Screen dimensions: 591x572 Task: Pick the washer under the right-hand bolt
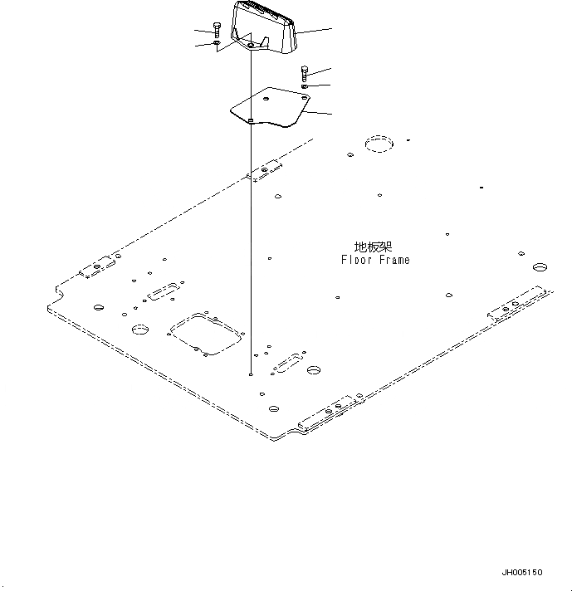(x=305, y=85)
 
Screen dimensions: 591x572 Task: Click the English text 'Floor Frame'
(x=375, y=260)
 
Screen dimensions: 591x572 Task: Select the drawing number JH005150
(x=521, y=573)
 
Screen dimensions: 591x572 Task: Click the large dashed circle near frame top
(x=379, y=145)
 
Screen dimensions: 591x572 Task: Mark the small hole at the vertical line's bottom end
(x=250, y=374)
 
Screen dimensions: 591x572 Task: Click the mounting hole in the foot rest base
(x=250, y=47)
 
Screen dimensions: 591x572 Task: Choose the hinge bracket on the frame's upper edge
(x=265, y=171)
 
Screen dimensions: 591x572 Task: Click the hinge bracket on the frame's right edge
(x=519, y=304)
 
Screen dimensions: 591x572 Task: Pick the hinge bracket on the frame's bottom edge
(x=331, y=413)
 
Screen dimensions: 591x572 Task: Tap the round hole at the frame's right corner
(x=539, y=268)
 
